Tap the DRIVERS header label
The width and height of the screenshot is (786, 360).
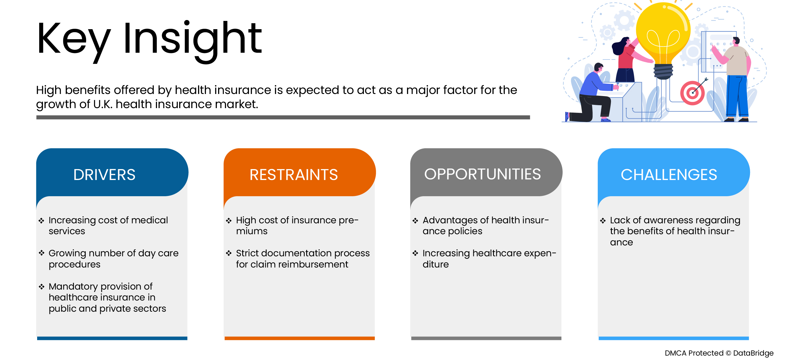(104, 175)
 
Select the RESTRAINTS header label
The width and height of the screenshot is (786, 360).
(294, 175)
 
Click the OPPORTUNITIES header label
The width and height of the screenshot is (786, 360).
(482, 174)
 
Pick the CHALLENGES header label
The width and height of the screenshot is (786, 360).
(668, 175)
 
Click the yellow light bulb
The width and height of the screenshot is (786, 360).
(663, 34)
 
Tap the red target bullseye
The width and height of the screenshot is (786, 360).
(692, 93)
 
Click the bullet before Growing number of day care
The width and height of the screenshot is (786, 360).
(42, 253)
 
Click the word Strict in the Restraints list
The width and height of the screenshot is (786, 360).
(247, 253)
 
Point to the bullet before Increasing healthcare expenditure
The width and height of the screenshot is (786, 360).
(415, 253)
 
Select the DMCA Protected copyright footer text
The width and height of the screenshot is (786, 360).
(719, 353)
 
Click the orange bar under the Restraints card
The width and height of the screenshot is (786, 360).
(299, 338)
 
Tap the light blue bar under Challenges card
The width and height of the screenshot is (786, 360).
(673, 338)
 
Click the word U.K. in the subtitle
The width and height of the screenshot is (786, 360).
(103, 104)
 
